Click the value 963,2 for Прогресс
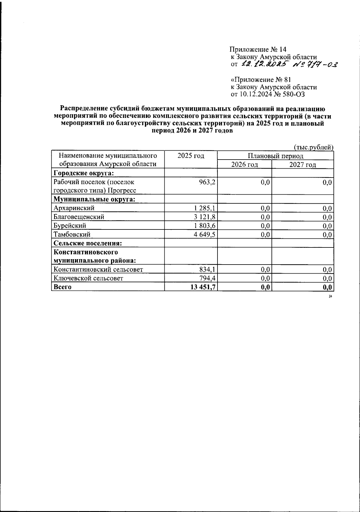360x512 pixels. (x=207, y=182)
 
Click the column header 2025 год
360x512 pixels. (x=191, y=156)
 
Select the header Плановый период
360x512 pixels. (x=275, y=156)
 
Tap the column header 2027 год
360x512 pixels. (x=303, y=164)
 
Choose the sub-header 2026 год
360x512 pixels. (x=244, y=164)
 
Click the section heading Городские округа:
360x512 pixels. (x=83, y=173)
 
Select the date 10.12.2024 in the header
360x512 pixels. (x=256, y=94)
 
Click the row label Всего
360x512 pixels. (x=62, y=287)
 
